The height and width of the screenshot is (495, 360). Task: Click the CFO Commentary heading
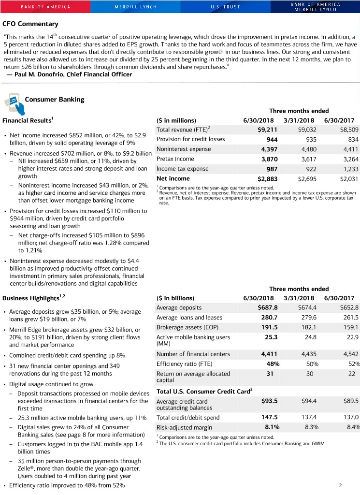[x=30, y=24]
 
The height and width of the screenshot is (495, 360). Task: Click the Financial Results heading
[x=27, y=120]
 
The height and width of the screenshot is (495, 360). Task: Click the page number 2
[x=341, y=485]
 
